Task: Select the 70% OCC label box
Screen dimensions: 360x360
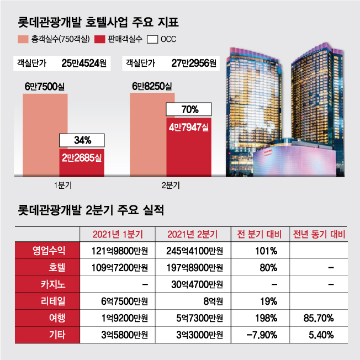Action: (188, 109)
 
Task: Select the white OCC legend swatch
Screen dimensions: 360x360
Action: (152, 39)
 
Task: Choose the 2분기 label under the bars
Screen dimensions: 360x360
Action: (171, 185)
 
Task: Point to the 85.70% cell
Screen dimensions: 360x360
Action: (321, 318)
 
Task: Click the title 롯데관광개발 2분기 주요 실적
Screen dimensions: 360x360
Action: (91, 210)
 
